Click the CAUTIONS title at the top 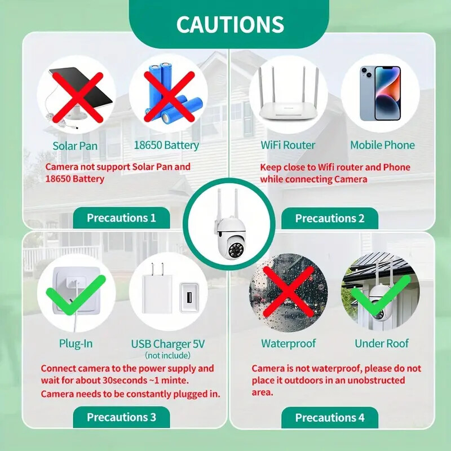tap(229, 24)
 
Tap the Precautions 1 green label tap(121, 218)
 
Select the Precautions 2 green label tap(330, 218)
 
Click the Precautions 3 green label tap(121, 417)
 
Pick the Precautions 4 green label tap(330, 418)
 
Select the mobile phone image tap(379, 93)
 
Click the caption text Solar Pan tap(75, 145)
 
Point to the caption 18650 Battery tap(166, 145)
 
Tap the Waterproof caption tap(288, 343)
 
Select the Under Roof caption tap(382, 343)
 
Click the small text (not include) tap(168, 355)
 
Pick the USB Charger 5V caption tap(168, 344)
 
